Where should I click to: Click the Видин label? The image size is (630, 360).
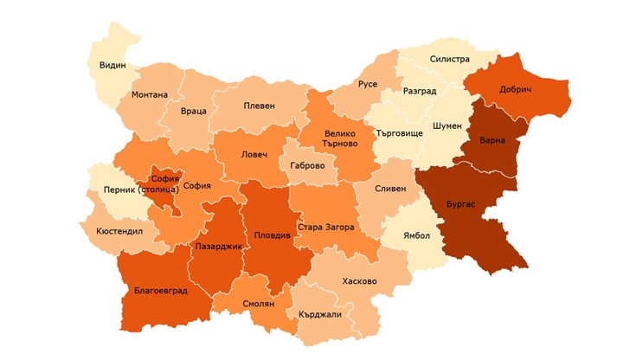(112, 66)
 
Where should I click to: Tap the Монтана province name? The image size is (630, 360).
(150, 94)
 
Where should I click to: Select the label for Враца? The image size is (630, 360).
(194, 112)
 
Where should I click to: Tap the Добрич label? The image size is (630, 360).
(515, 89)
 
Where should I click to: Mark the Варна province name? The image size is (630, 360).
(491, 140)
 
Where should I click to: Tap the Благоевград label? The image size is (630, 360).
(162, 291)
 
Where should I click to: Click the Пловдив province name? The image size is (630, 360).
(273, 235)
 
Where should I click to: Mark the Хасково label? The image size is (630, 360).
(359, 281)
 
